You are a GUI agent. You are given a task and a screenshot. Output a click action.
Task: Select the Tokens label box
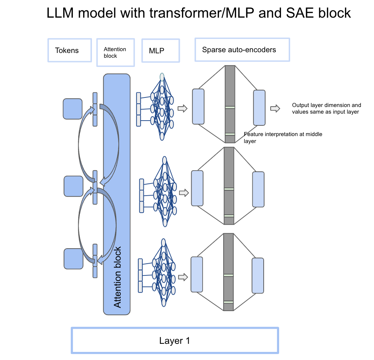coord(70,50)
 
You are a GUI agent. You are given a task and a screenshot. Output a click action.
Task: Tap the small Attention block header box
coord(115,52)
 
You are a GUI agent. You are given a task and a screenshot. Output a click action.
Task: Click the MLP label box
coord(160,51)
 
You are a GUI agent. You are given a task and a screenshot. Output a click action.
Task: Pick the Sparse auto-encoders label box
coord(242,49)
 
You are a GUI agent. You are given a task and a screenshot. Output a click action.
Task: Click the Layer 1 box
coord(175,341)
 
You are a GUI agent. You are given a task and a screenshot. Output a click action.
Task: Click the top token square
coord(72,109)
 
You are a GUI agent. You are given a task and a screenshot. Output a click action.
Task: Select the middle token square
coord(74,186)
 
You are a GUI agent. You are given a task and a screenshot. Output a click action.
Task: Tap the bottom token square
coord(74,259)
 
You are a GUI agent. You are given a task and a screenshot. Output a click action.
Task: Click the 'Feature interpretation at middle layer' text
coord(283,137)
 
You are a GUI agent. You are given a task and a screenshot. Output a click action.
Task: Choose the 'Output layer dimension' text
coord(327,108)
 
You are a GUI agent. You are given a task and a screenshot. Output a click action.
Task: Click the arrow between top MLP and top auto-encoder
coord(182,108)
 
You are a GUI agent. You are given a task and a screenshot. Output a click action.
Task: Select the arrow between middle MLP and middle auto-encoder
coord(184,192)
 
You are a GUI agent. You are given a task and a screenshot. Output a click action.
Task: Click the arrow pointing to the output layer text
coord(275,108)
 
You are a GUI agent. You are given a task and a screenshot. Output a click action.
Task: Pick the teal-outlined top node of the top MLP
coord(162,77)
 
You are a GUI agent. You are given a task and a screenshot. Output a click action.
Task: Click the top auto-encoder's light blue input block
coord(198,106)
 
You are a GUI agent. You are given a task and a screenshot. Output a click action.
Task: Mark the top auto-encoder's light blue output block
coord(259,107)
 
